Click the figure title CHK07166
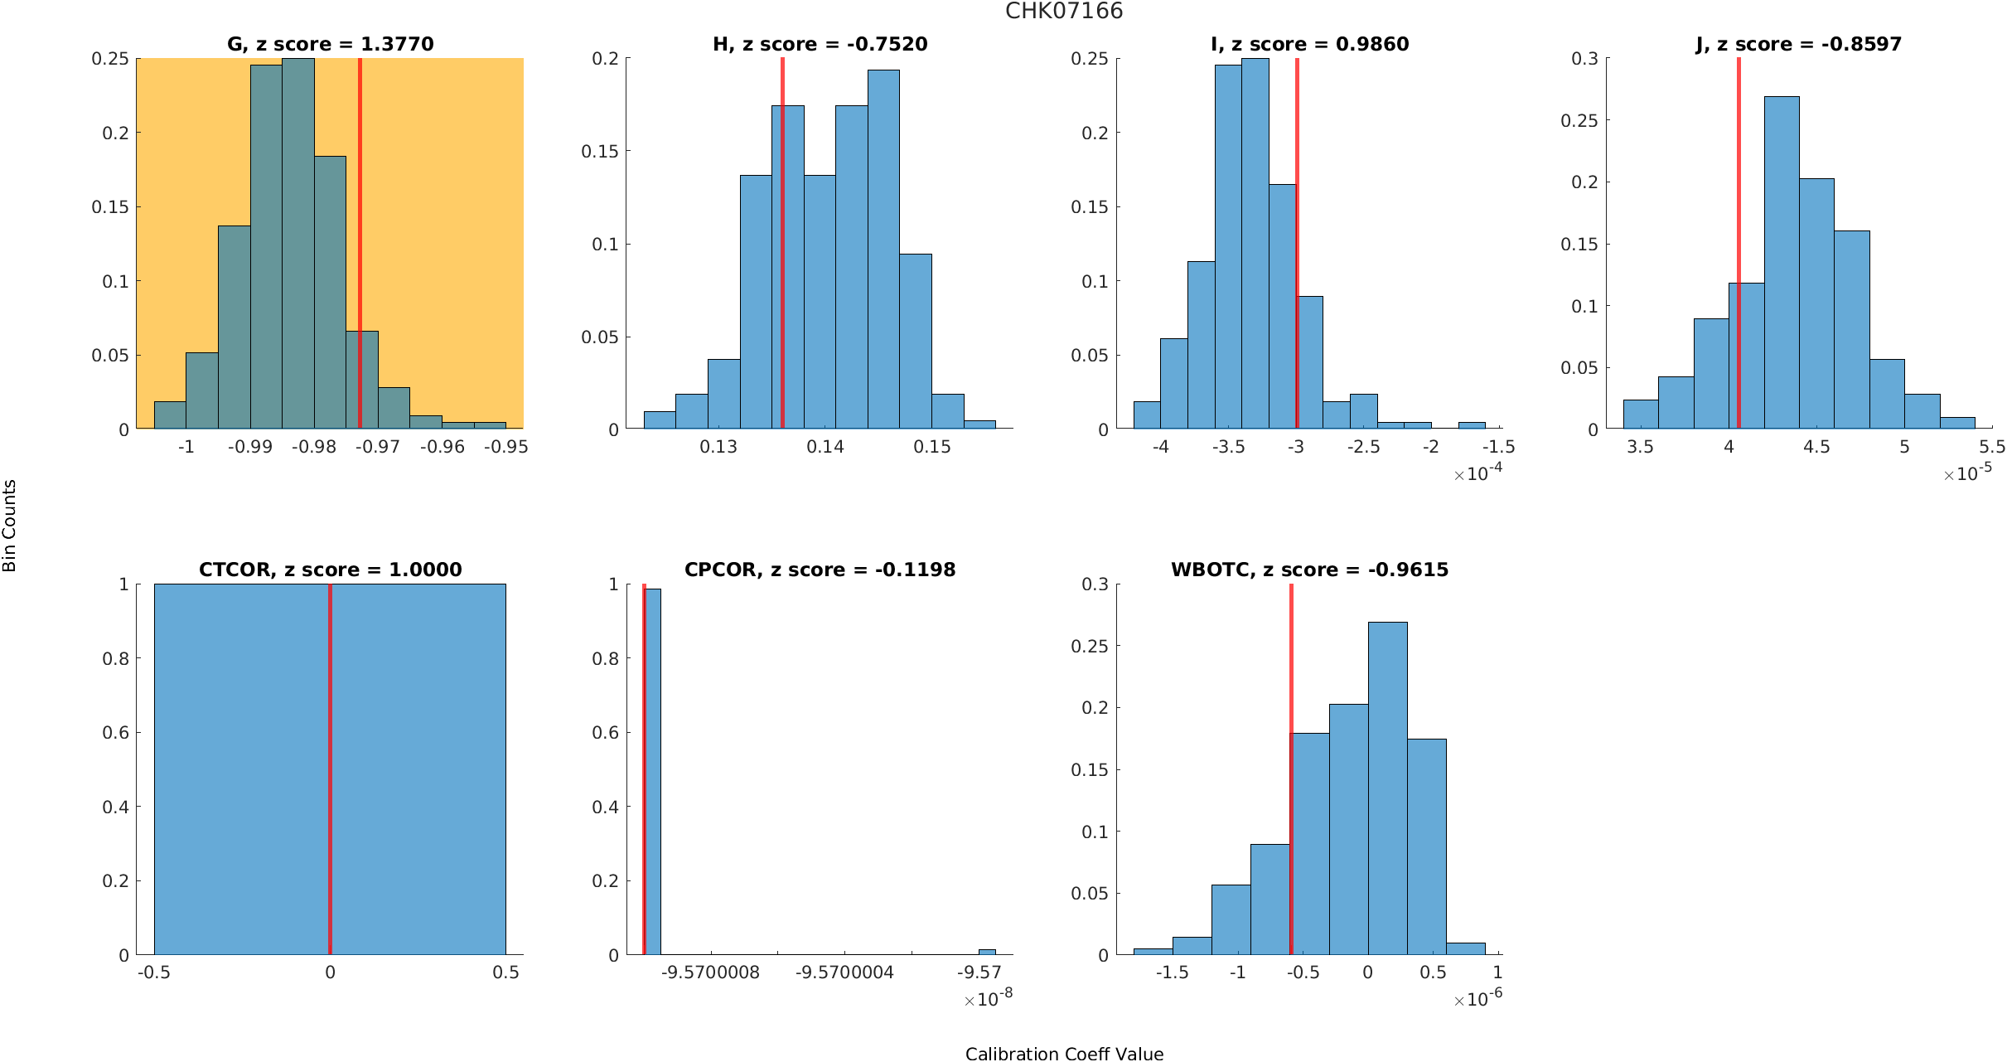(1064, 12)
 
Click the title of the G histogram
(330, 44)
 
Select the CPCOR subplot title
(820, 570)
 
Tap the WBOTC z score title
(1309, 570)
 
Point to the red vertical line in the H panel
(782, 249)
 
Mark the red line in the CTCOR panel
(330, 771)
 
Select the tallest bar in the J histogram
(1782, 265)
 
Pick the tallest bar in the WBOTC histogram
(1387, 788)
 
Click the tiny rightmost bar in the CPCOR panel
(987, 952)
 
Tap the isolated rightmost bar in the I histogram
(1472, 425)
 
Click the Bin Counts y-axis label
(10, 526)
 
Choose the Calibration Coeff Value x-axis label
(1064, 1054)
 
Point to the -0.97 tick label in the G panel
(378, 447)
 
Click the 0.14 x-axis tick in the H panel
(825, 447)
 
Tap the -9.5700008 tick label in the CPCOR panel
(710, 972)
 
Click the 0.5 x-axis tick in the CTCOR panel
(505, 972)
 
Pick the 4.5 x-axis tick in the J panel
(1816, 447)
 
